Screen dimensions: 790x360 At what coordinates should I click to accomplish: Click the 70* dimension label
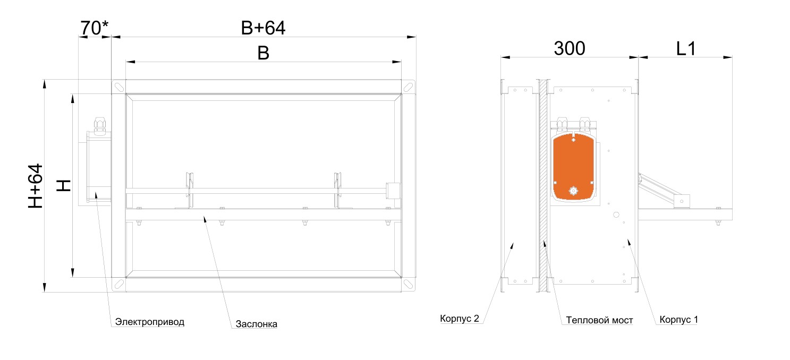(x=94, y=28)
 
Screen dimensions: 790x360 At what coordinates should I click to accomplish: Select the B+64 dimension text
(x=263, y=28)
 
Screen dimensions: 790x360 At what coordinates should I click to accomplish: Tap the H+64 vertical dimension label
(x=36, y=186)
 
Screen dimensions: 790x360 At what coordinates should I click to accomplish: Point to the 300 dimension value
(x=569, y=48)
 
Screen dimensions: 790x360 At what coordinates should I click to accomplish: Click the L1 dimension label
(x=686, y=49)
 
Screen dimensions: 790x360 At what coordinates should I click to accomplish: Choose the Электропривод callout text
(x=149, y=322)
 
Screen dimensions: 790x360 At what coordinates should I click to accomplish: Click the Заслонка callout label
(x=257, y=324)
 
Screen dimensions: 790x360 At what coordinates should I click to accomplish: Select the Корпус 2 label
(x=460, y=319)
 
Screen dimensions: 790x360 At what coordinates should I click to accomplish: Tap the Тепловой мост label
(x=599, y=320)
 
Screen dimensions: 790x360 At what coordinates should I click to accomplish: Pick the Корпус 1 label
(x=678, y=320)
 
